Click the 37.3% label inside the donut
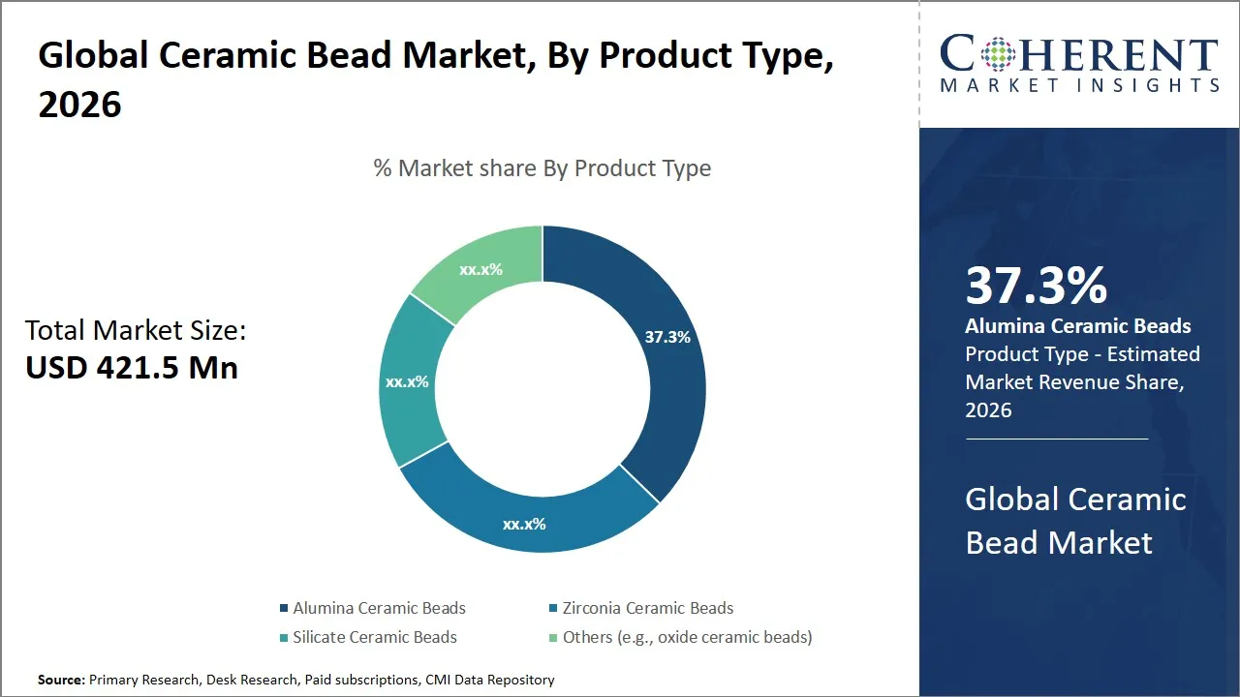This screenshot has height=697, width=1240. point(667,337)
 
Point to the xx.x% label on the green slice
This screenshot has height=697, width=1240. point(480,269)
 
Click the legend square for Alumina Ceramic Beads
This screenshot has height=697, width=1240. point(284,609)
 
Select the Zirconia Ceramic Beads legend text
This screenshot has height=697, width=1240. point(647,609)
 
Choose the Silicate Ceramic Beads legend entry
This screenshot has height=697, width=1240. point(374,637)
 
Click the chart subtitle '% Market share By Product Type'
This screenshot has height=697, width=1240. point(542,168)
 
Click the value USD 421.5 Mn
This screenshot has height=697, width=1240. point(132,368)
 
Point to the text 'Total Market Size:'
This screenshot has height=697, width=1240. point(136,331)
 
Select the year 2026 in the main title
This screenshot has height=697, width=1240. point(79,104)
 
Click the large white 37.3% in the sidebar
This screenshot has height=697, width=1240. point(1037,286)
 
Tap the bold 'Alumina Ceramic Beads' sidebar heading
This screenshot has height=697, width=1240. point(1078,326)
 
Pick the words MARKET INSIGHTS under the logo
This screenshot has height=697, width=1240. point(1079,86)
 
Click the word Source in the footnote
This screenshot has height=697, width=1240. point(61,681)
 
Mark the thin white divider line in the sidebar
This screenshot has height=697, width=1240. point(1056,439)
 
